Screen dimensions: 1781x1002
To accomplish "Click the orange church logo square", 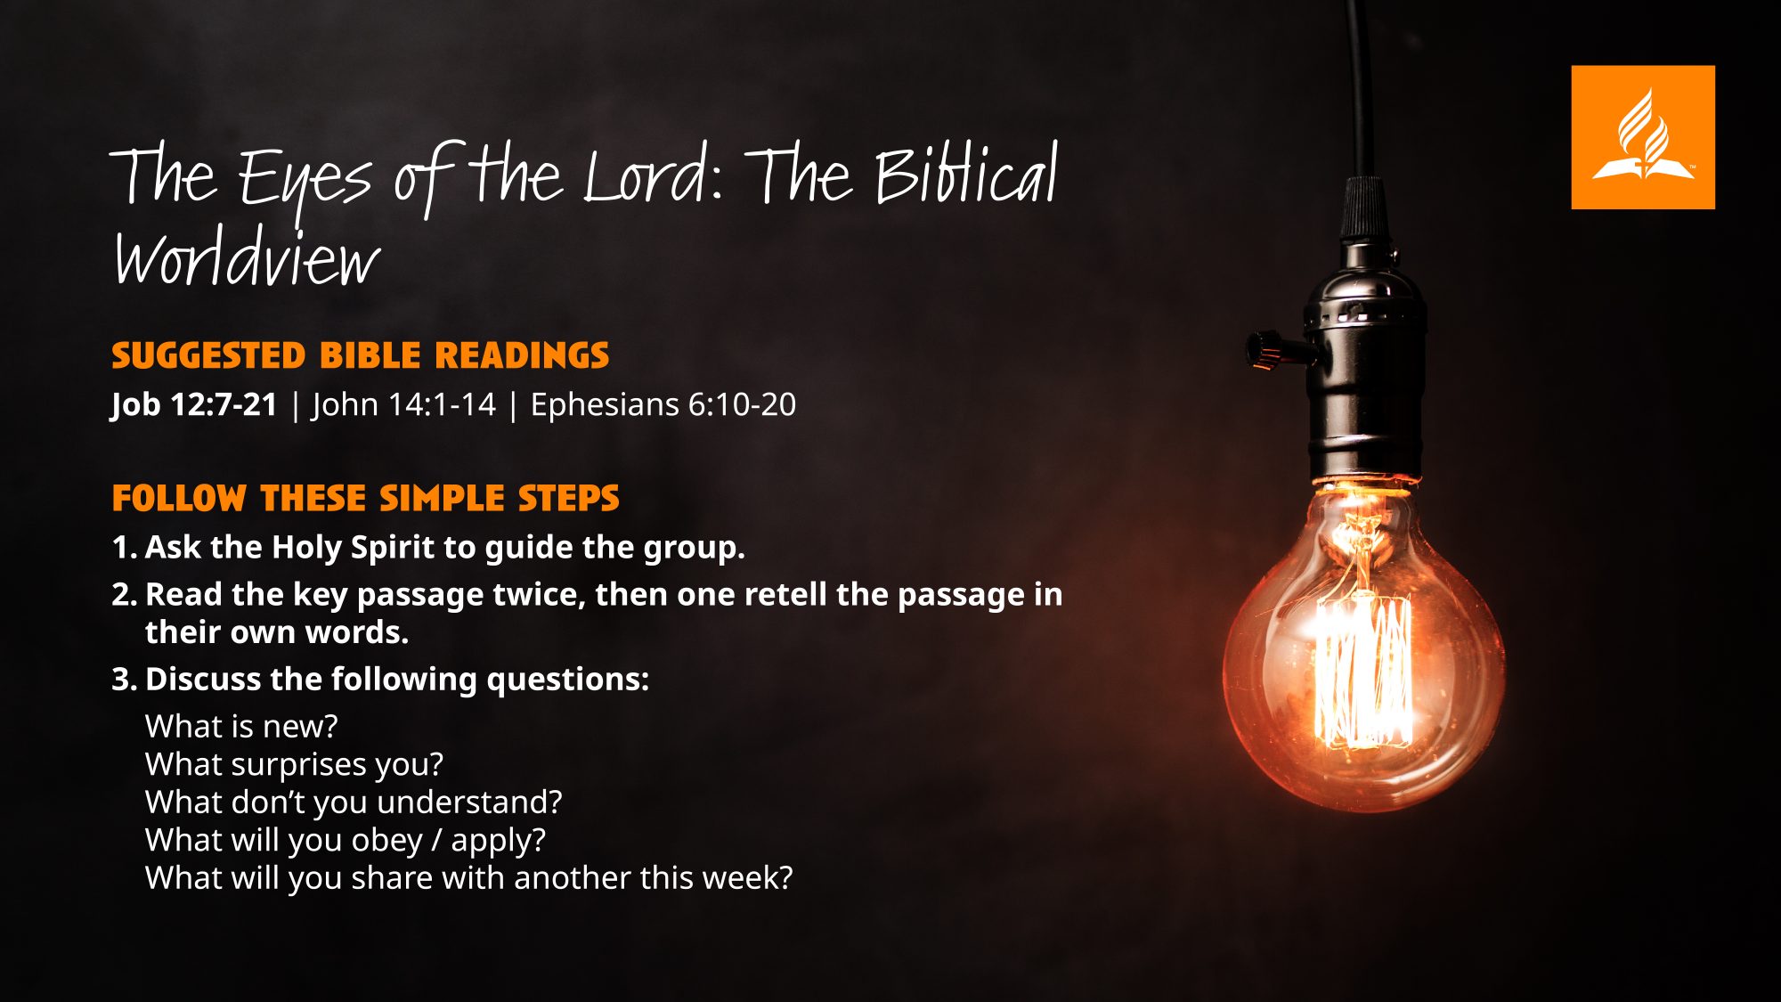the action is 1643,137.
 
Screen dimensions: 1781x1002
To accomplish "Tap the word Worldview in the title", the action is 247,257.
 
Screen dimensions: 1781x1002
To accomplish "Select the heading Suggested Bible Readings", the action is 361,355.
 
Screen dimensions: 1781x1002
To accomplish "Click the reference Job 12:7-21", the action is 194,404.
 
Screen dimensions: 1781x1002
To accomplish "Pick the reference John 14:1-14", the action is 403,404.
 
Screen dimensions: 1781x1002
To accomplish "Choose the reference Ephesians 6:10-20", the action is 663,404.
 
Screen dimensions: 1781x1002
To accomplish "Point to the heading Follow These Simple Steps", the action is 365,498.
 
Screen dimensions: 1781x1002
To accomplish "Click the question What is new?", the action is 241,726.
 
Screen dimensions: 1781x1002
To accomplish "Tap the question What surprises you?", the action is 294,764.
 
